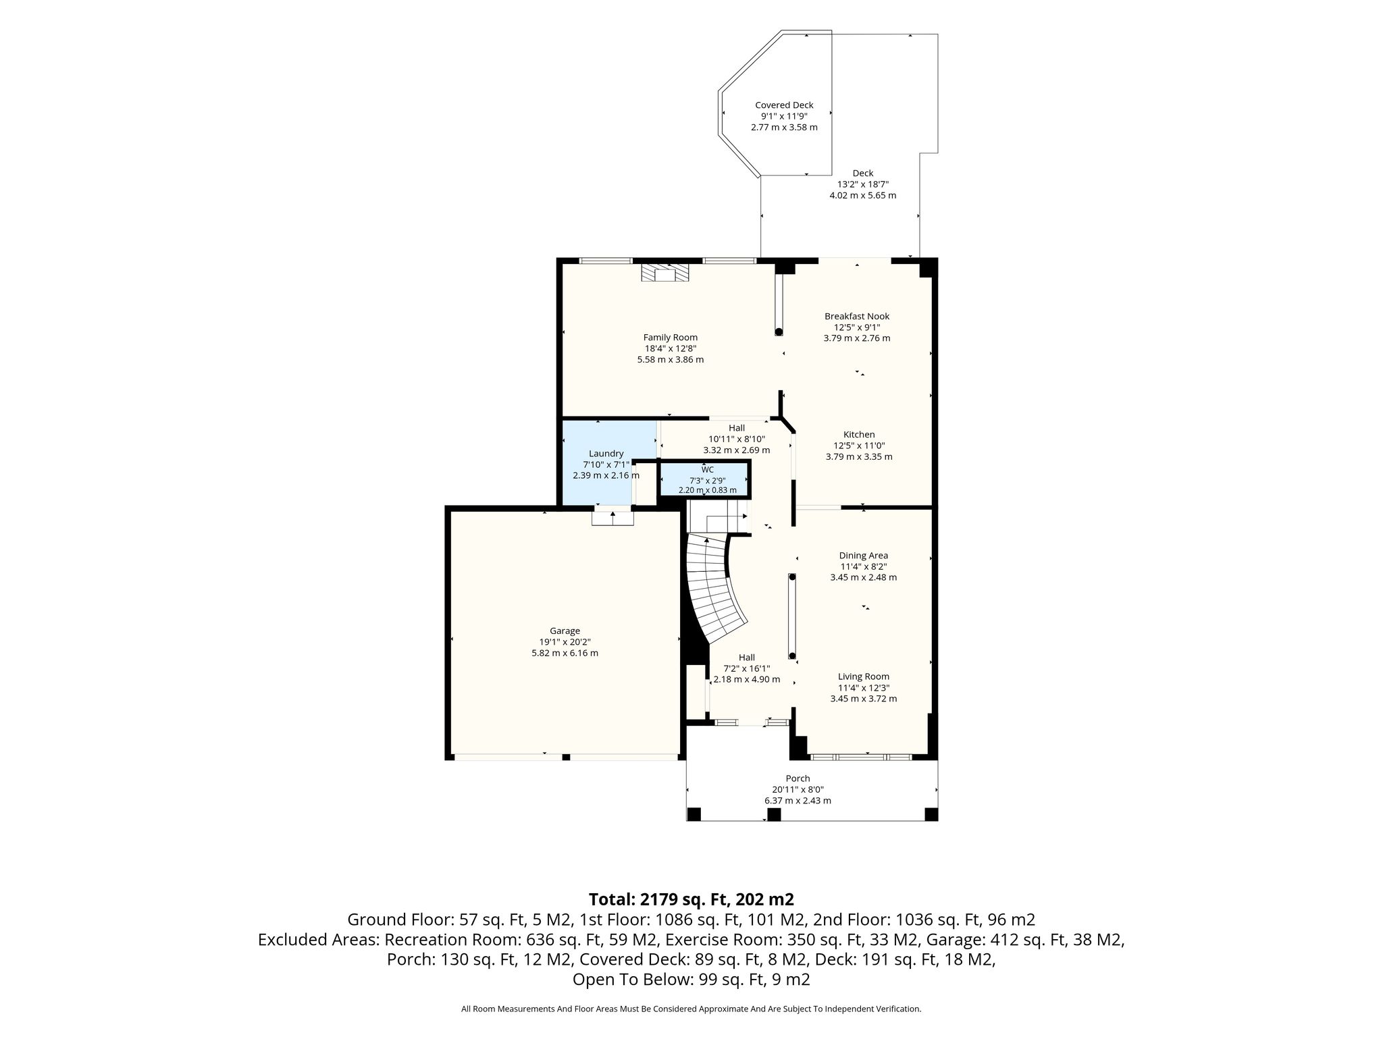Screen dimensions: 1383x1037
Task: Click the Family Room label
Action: (670, 338)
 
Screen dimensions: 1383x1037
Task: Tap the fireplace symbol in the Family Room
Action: (192, 272)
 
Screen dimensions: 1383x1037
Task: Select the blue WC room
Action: (704, 479)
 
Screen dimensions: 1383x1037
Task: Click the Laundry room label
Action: (606, 454)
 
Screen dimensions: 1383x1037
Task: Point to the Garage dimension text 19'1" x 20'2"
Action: (565, 642)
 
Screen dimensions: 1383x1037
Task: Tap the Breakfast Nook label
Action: (857, 316)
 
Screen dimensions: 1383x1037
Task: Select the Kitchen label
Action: (859, 435)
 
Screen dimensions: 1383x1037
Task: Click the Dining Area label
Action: (864, 556)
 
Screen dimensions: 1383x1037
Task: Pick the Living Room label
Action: (864, 676)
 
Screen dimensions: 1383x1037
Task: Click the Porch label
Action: (798, 778)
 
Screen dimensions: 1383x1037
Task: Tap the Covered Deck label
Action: (784, 105)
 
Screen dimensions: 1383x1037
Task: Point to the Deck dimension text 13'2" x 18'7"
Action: (863, 184)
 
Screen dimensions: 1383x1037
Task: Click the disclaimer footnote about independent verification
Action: (691, 1009)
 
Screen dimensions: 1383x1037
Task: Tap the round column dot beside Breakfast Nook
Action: (779, 331)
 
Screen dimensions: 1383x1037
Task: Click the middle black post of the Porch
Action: (774, 814)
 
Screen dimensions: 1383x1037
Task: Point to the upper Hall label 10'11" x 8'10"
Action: (737, 439)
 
